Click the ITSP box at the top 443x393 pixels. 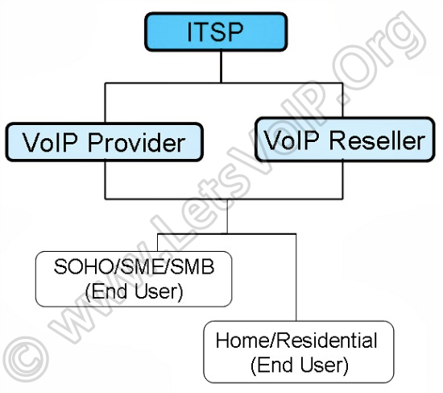click(216, 31)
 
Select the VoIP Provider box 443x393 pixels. click(105, 142)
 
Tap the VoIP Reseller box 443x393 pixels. click(345, 140)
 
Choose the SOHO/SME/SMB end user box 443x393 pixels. click(134, 279)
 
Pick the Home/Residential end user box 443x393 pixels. click(299, 352)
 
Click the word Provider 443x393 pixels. click(137, 142)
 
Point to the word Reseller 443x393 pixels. click(378, 140)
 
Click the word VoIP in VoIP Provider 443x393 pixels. click(51, 142)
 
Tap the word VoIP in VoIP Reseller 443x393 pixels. click(292, 140)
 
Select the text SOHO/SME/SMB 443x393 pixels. click(134, 266)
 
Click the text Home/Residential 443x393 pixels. click(296, 340)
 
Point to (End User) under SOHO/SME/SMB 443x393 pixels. click(134, 291)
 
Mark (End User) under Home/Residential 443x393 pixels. click(299, 365)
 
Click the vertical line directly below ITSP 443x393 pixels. click(221, 67)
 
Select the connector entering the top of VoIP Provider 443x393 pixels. click(105, 102)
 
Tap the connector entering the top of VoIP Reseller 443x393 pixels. click(342, 100)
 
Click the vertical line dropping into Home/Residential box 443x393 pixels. click(296, 277)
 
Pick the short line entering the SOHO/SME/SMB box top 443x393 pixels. click(158, 242)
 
